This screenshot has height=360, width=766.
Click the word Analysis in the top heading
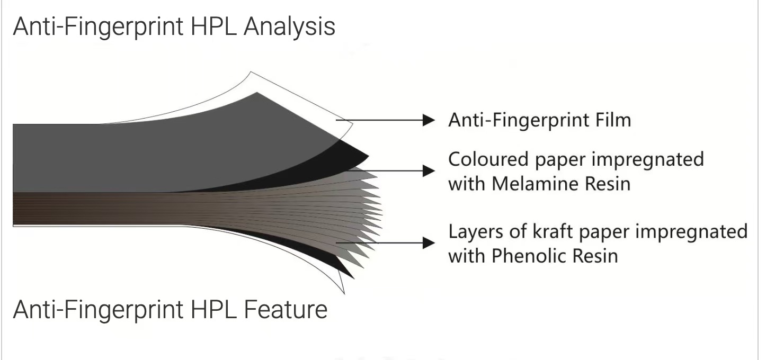[289, 27]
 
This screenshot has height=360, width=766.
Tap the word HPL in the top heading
[213, 26]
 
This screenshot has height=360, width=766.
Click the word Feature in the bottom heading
[286, 309]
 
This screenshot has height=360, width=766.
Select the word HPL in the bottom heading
[213, 309]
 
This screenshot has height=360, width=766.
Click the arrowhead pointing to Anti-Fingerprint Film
[429, 120]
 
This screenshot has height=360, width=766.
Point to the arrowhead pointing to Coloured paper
[429, 170]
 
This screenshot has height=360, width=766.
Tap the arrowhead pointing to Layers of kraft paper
[429, 242]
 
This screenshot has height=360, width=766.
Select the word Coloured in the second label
[488, 159]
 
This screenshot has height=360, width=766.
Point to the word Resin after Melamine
[608, 184]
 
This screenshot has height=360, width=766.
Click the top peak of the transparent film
[251, 72]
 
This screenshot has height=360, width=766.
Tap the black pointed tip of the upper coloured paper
[368, 156]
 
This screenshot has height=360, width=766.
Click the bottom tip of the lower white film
[344, 293]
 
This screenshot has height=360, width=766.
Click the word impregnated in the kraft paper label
[691, 232]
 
